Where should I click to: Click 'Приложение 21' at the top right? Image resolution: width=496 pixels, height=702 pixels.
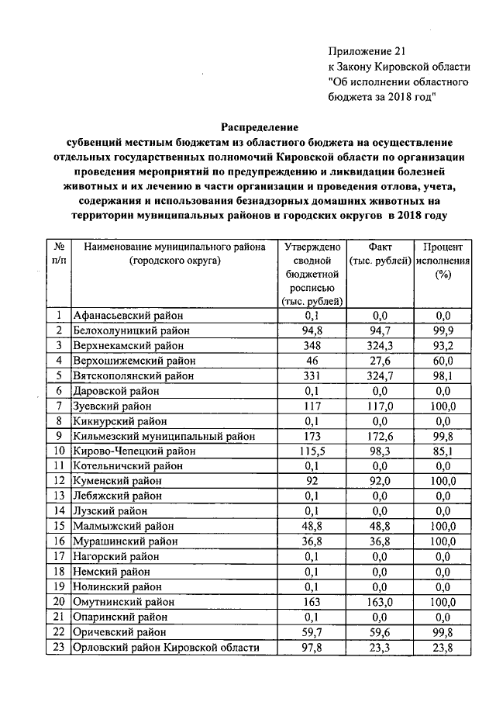(x=367, y=51)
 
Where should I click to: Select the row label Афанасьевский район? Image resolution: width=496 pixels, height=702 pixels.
(x=124, y=316)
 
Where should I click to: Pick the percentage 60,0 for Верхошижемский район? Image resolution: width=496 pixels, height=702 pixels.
(x=443, y=361)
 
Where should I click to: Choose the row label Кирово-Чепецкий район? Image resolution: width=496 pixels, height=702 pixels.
(x=128, y=451)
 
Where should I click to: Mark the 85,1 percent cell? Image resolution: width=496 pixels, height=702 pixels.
(x=443, y=451)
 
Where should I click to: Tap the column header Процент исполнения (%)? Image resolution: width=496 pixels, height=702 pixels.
(x=443, y=261)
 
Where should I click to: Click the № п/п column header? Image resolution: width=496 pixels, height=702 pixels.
(x=59, y=254)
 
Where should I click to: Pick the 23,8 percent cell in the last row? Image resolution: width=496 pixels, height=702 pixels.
(x=443, y=647)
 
